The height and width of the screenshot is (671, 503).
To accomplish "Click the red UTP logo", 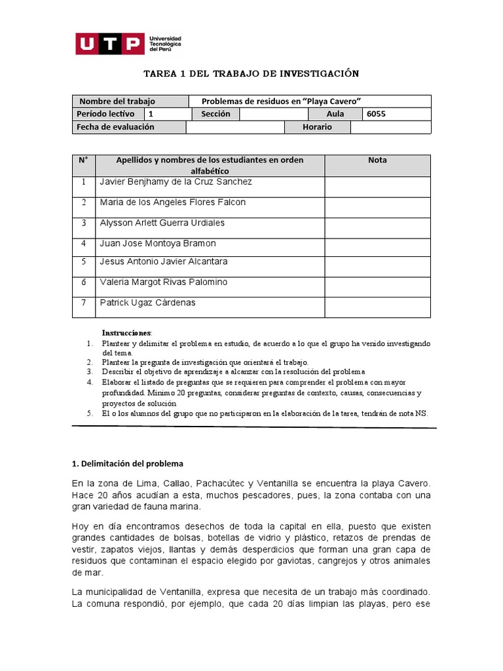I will pyautogui.click(x=109, y=44).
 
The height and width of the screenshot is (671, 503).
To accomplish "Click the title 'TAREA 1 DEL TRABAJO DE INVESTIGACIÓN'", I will pyautogui.click(x=251, y=73).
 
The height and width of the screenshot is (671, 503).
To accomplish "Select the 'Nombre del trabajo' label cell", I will pyautogui.click(x=117, y=101).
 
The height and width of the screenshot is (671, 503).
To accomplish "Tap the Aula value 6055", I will pyautogui.click(x=377, y=114).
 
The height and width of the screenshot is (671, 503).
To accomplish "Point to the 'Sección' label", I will pyautogui.click(x=215, y=114).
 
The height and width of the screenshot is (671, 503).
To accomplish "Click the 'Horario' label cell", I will pyautogui.click(x=317, y=127).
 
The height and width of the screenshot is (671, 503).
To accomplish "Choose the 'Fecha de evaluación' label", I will pyautogui.click(x=115, y=127).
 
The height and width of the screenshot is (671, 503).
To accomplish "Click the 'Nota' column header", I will pyautogui.click(x=377, y=160).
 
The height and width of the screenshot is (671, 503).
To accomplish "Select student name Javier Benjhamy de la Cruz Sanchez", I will pyautogui.click(x=176, y=182).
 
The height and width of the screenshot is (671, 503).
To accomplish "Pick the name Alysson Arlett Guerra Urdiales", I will pyautogui.click(x=162, y=223).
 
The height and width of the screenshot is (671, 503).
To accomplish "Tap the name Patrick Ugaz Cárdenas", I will pyautogui.click(x=147, y=303).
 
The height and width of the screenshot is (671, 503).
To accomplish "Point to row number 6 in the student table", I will pyautogui.click(x=84, y=282).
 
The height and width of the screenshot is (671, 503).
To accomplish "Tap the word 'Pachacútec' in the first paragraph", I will pyautogui.click(x=218, y=483).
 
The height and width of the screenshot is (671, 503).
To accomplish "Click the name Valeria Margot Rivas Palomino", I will pyautogui.click(x=164, y=282).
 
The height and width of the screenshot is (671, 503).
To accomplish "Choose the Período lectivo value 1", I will pyautogui.click(x=151, y=114).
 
